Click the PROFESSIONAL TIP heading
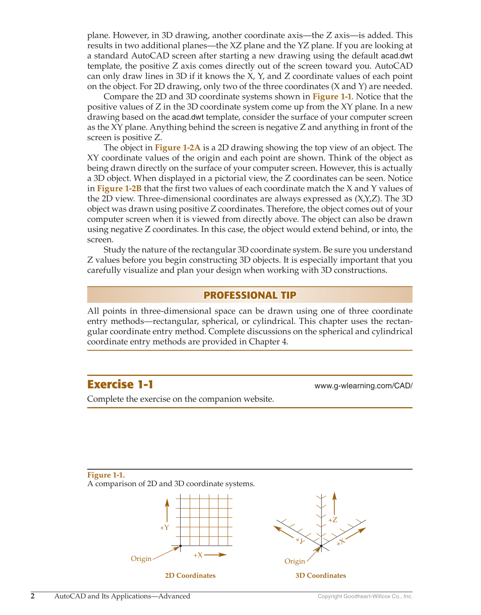pyautogui.click(x=250, y=295)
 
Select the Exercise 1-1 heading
pyautogui.click(x=120, y=384)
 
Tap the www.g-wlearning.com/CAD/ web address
pyautogui.click(x=363, y=386)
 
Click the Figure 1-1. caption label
pyautogui.click(x=106, y=475)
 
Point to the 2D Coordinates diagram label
pyautogui.click(x=190, y=575)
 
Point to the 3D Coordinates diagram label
pyautogui.click(x=320, y=575)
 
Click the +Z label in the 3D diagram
pyautogui.click(x=332, y=520)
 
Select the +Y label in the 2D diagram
pyautogui.click(x=164, y=528)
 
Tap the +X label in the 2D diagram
pyautogui.click(x=198, y=555)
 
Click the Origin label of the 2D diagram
pyautogui.click(x=141, y=558)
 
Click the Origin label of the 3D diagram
pyautogui.click(x=295, y=561)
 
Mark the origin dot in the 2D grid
pyautogui.click(x=180, y=546)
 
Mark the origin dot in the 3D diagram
pyautogui.click(x=321, y=545)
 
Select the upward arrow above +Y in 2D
pyautogui.click(x=167, y=510)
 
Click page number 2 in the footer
pyautogui.click(x=33, y=596)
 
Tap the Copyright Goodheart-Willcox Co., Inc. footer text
pyautogui.click(x=365, y=596)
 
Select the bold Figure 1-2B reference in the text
pyautogui.click(x=119, y=188)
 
